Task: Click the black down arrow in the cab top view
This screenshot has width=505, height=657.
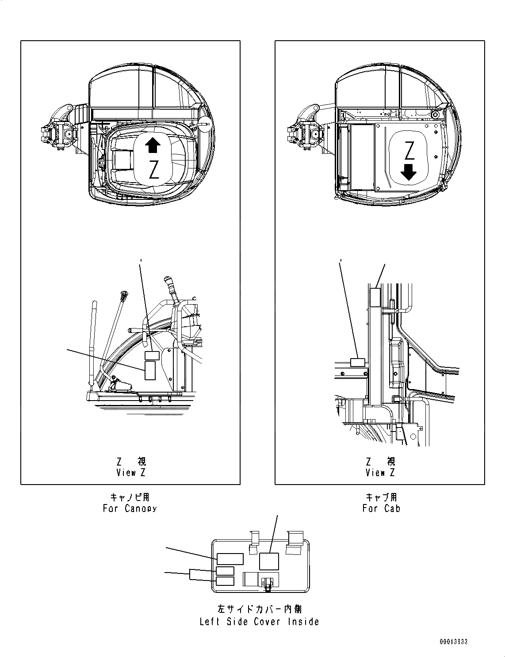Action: pos(409,172)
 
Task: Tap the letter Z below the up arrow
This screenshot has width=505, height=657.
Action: pos(153,169)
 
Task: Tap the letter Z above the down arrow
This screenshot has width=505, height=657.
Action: pos(409,151)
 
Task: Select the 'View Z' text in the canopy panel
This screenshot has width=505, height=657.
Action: pos(130,473)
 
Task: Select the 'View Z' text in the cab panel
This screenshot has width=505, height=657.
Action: pos(380,473)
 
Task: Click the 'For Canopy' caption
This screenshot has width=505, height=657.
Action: pos(130,508)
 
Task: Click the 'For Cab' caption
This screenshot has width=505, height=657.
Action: pos(381,508)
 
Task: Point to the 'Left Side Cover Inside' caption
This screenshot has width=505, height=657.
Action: pos(259,622)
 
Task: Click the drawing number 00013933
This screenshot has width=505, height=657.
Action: pos(454,642)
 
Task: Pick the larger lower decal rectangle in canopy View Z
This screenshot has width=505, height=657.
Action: pos(150,370)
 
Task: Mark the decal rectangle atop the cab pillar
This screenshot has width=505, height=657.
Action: pos(375,298)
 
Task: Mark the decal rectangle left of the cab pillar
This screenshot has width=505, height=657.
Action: pos(357,363)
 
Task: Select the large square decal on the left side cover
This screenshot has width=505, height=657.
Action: pos(268,561)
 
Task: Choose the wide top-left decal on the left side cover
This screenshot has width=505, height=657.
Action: pos(230,559)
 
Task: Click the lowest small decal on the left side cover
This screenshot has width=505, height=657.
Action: pos(225,581)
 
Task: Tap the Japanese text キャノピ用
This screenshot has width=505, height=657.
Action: pos(130,497)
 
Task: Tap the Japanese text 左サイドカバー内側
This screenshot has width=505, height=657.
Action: pos(259,609)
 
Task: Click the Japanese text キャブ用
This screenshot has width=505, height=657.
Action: pos(381,497)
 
